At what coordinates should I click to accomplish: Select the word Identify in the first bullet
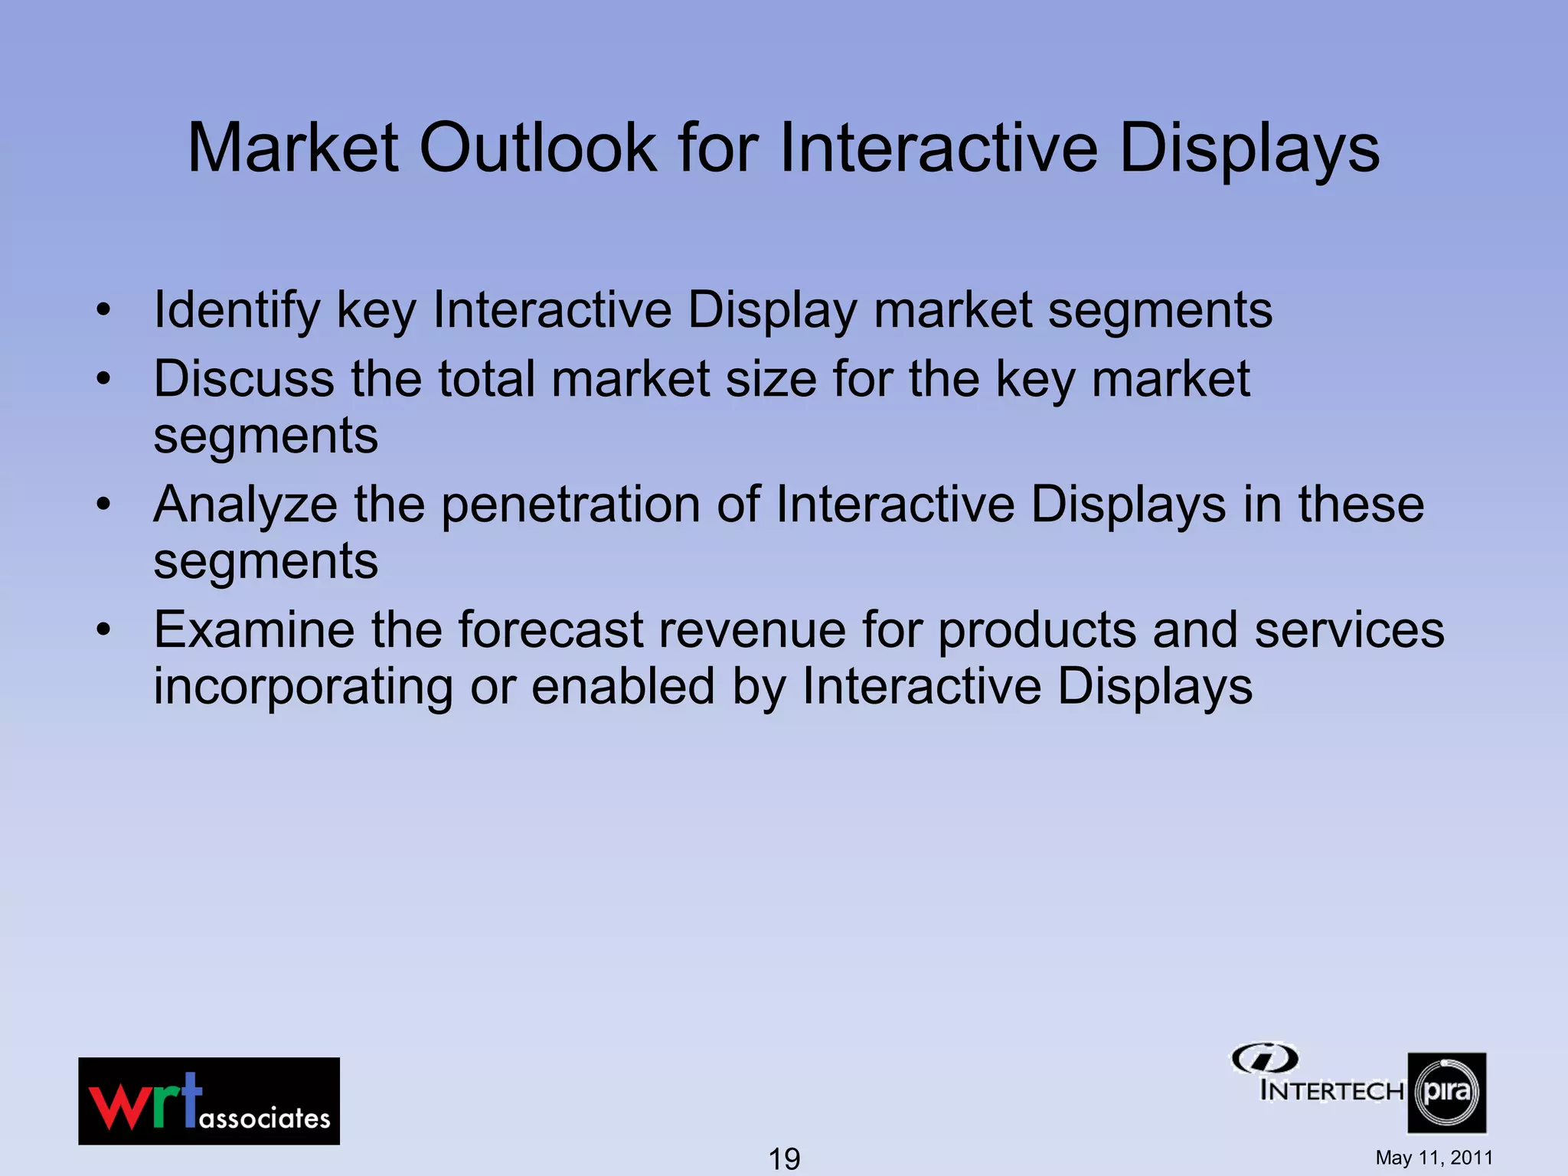click(237, 311)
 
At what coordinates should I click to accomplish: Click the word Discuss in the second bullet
click(243, 379)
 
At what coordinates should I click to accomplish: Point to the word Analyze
click(245, 505)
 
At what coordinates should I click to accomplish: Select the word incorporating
click(303, 687)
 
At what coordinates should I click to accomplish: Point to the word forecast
click(550, 630)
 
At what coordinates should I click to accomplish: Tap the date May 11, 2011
click(1434, 1158)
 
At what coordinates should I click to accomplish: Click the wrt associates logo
click(208, 1101)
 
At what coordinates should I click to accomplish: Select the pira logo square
click(1446, 1093)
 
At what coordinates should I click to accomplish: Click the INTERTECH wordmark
click(1331, 1090)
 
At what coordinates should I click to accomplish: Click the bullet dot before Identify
click(103, 310)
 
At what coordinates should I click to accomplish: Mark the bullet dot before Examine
click(103, 629)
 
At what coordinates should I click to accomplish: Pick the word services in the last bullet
click(1349, 630)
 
